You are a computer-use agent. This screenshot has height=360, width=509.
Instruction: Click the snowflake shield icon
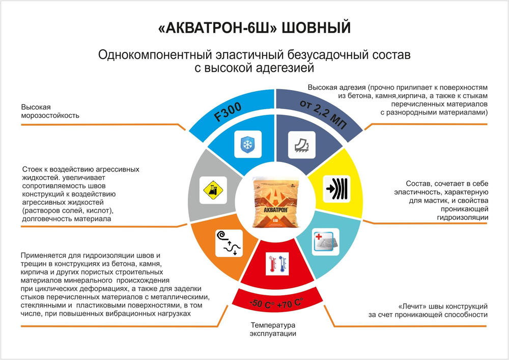click(x=248, y=144)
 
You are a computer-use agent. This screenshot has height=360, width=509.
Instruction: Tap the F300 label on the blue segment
click(x=228, y=112)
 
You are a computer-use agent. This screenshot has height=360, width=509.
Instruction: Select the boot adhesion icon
click(x=301, y=145)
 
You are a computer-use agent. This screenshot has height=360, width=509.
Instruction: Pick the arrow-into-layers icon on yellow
click(x=337, y=188)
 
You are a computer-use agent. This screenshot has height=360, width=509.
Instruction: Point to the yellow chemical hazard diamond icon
click(x=213, y=190)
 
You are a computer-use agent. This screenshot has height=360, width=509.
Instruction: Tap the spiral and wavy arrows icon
click(x=229, y=243)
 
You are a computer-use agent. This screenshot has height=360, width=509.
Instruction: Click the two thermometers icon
click(x=276, y=264)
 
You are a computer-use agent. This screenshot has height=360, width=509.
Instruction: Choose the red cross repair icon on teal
click(x=326, y=242)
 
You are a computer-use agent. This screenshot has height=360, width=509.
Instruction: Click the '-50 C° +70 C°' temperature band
click(x=276, y=303)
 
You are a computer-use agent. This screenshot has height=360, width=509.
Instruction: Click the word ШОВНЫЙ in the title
click(x=316, y=27)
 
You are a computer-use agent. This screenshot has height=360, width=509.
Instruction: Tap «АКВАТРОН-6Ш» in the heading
click(x=217, y=28)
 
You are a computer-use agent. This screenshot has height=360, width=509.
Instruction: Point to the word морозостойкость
click(x=50, y=116)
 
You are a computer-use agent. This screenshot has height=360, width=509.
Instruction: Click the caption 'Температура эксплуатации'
click(x=273, y=329)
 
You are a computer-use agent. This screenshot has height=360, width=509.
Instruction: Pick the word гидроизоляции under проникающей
click(x=462, y=217)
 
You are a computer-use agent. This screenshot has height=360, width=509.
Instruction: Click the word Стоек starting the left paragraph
click(x=32, y=169)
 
